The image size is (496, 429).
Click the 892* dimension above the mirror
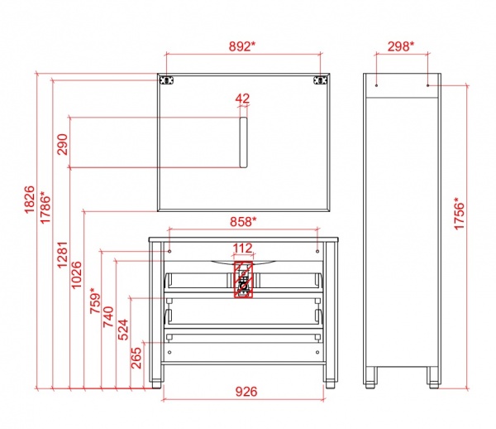point(242,46)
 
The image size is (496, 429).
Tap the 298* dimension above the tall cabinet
point(401,46)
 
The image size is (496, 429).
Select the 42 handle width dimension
point(242,99)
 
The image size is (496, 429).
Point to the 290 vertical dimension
point(62,144)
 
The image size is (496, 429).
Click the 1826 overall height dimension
point(29,200)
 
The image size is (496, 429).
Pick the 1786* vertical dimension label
point(45,208)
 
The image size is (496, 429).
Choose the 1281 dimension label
point(62,255)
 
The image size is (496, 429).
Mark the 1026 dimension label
point(76,275)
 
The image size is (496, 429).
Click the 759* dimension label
point(96,301)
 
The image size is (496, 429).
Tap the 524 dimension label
point(123,330)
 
